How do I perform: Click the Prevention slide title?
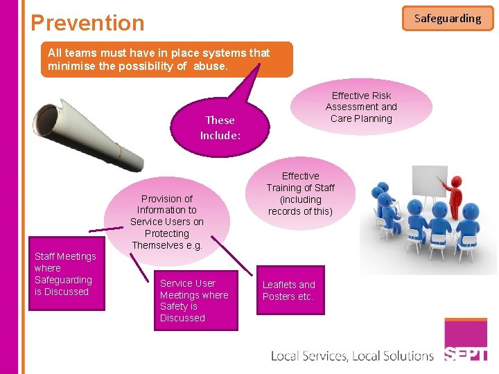pos(87,23)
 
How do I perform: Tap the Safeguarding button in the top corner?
pos(448,19)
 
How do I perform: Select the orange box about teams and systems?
pos(166,59)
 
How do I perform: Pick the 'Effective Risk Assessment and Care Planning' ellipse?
pos(361,107)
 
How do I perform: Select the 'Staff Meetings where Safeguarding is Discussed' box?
pos(66,274)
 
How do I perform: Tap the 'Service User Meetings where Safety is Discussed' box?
pos(194,301)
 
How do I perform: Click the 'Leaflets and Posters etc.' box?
pos(290,290)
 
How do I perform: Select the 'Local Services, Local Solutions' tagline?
pos(352,356)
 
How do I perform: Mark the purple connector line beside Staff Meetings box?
pos(106,229)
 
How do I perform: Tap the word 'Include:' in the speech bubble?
pos(220,135)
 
